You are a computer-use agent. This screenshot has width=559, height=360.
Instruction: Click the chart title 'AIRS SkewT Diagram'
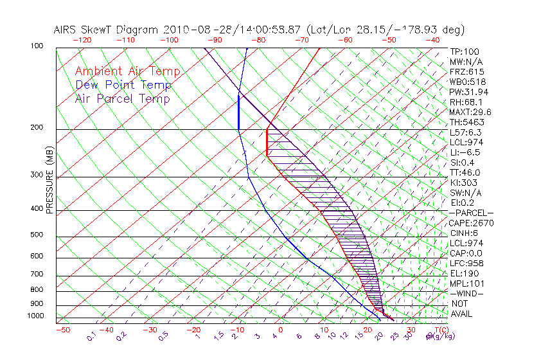tap(107, 30)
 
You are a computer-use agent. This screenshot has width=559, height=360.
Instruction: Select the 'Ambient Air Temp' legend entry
tap(127, 71)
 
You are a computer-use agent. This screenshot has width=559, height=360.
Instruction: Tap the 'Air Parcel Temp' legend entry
tap(122, 98)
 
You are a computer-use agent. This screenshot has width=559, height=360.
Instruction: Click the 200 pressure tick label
tap(36, 127)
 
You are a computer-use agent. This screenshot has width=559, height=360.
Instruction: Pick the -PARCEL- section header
tap(471, 213)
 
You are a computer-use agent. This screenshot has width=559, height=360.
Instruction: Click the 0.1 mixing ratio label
tap(91, 336)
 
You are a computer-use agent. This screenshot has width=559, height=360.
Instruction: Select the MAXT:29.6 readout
tap(470, 112)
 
